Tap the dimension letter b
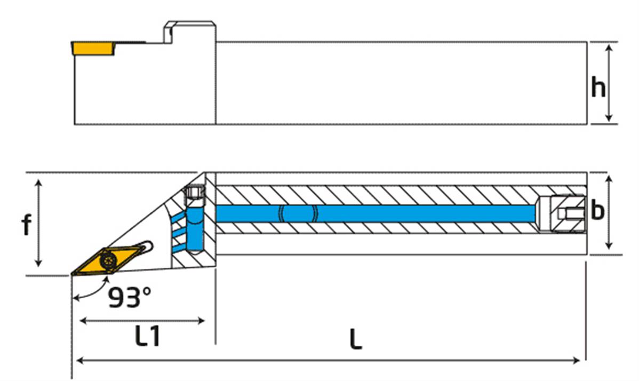597,211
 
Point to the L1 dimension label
147,337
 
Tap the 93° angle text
130,298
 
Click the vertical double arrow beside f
38,223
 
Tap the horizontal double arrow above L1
142,321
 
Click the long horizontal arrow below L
328,361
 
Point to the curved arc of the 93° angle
88,292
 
